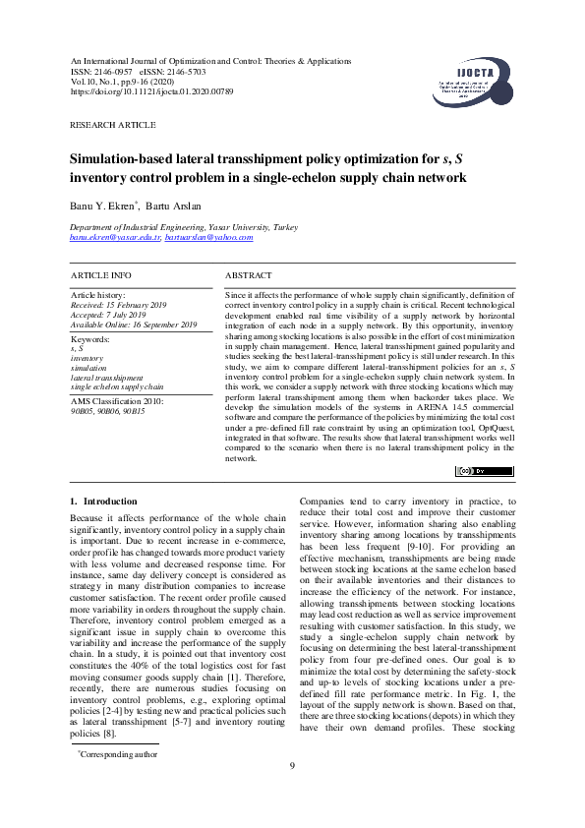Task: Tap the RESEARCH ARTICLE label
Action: click(x=112, y=126)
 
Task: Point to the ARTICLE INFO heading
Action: click(x=101, y=275)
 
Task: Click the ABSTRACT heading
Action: click(x=249, y=275)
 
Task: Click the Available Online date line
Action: click(x=134, y=325)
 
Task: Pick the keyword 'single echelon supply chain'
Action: click(x=117, y=386)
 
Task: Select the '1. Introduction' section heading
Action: click(x=103, y=501)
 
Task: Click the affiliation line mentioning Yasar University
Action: click(x=171, y=226)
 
